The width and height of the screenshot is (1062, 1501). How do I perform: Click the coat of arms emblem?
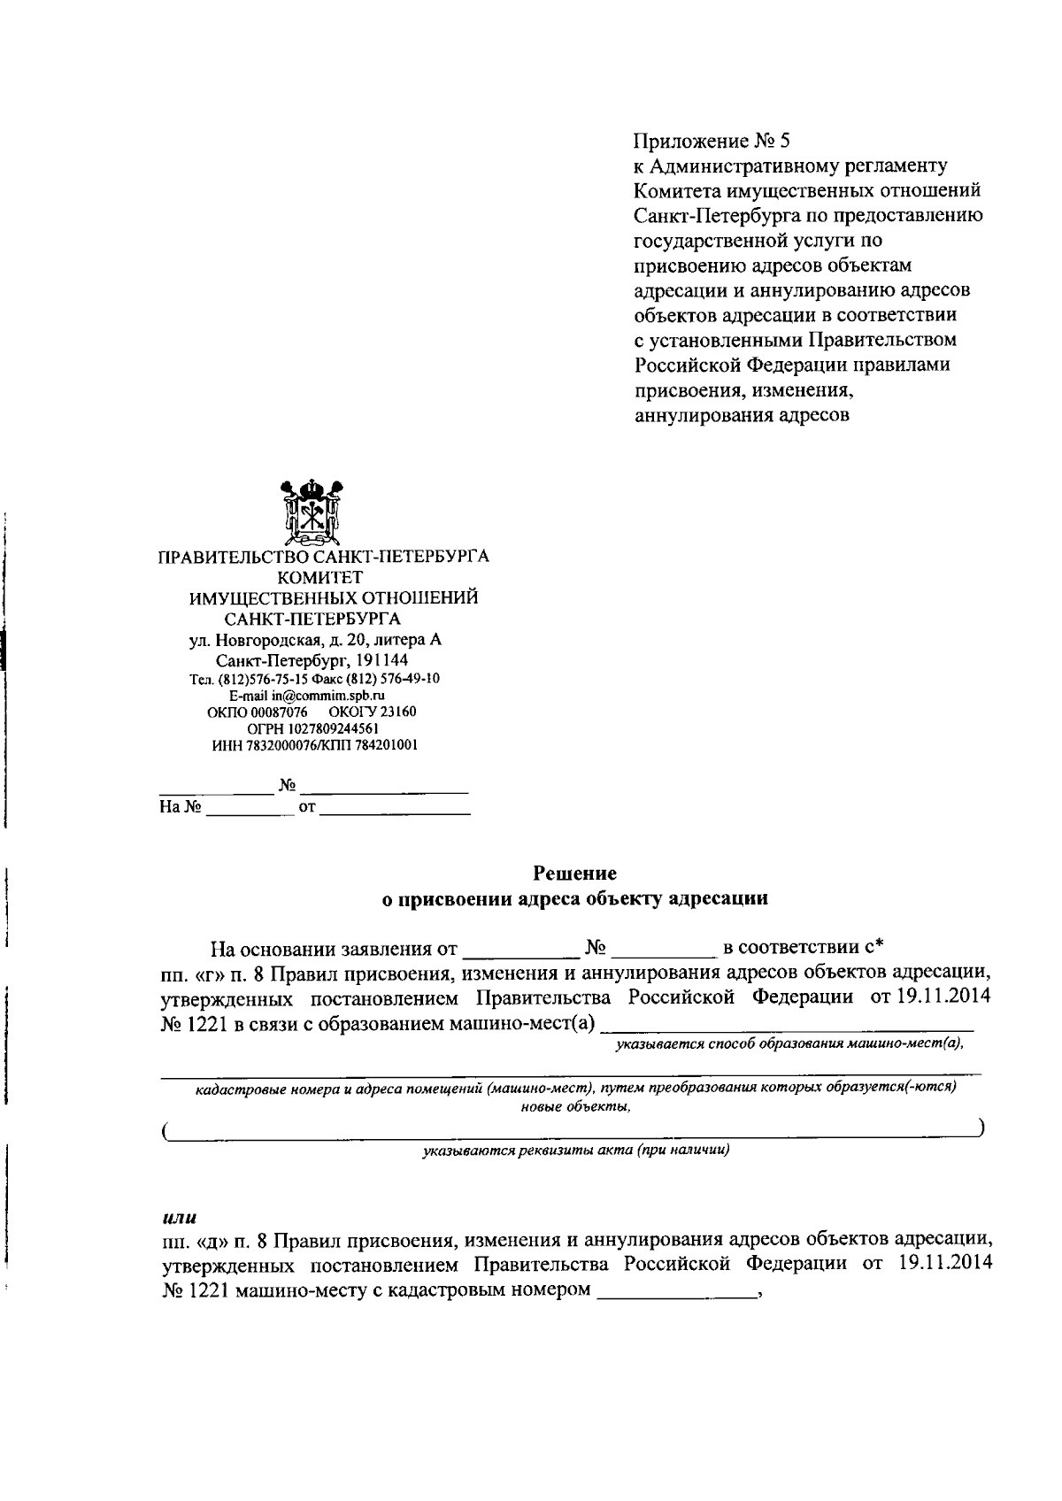[x=311, y=512]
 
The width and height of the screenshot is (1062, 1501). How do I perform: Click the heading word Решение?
[x=574, y=874]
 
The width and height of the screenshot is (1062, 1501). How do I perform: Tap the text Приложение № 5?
[x=711, y=141]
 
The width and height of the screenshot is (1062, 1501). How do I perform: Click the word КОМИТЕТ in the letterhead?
[x=322, y=578]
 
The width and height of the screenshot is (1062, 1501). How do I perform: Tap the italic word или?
[x=179, y=1218]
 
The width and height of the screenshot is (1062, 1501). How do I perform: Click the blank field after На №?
[x=250, y=808]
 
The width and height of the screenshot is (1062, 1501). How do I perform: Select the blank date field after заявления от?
[x=519, y=951]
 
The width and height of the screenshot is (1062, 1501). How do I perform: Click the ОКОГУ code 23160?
[x=398, y=712]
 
